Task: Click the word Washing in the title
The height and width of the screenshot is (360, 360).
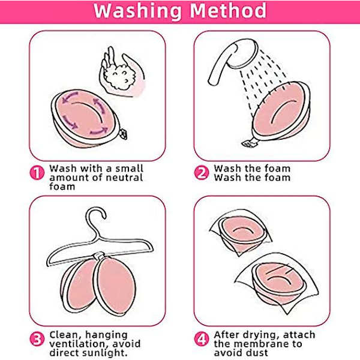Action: pos(137,11)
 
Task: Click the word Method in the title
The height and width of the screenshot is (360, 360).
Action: pos(228,10)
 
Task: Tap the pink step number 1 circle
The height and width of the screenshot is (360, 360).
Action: pos(37,173)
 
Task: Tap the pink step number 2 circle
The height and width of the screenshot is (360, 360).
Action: pos(202,173)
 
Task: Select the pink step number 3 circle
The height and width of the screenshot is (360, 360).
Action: pos(37,339)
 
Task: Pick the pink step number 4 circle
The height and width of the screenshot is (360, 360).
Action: pos(202,339)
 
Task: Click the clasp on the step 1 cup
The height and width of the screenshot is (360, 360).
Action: pos(124,134)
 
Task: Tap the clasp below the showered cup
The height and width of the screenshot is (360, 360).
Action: pos(250,143)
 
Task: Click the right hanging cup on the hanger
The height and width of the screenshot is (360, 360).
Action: pos(115,285)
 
